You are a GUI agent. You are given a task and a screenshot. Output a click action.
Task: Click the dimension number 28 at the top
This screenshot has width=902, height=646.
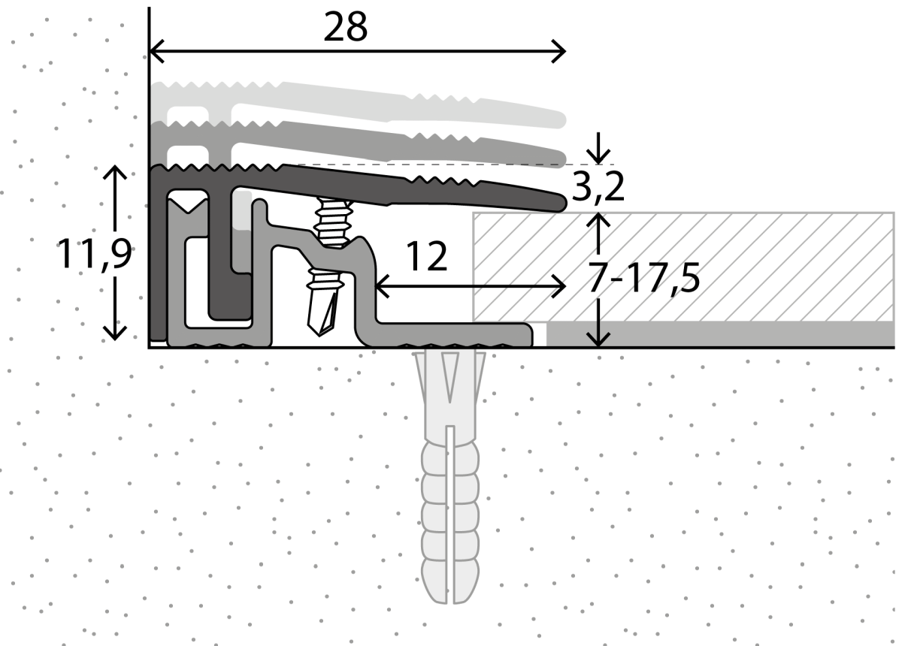346,27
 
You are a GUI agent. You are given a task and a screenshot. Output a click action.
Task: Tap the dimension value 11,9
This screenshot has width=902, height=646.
94,255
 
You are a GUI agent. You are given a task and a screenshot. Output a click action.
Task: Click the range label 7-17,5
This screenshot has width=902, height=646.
643,279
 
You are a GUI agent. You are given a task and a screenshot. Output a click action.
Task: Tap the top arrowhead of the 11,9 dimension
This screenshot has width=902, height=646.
114,173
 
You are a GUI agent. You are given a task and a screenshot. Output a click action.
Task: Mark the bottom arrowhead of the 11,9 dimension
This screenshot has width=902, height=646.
114,334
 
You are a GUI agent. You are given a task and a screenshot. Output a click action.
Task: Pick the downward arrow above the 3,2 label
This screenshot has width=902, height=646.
599,154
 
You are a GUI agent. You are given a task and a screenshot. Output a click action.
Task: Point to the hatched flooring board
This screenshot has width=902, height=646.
676,267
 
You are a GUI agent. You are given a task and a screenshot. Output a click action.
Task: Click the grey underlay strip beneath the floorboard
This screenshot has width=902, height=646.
714,334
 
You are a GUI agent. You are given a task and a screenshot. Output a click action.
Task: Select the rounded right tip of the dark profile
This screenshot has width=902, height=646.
560,202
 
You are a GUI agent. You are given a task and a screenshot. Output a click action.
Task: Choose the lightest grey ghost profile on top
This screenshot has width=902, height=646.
376,101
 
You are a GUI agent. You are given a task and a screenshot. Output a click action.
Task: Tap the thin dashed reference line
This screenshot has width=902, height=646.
451,165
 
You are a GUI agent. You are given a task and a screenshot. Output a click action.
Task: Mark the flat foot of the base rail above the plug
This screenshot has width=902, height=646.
451,335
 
